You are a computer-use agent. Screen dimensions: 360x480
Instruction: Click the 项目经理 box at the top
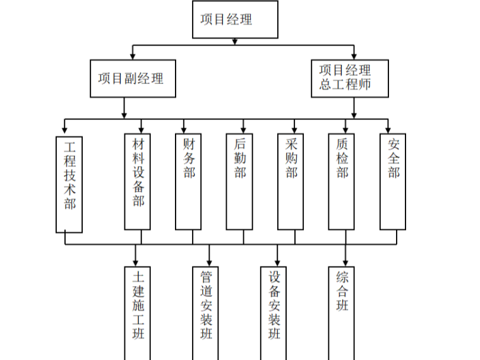(x=235, y=20)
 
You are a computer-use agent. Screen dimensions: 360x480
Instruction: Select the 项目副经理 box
(x=132, y=78)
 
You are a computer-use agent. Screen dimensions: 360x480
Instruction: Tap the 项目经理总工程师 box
(x=349, y=78)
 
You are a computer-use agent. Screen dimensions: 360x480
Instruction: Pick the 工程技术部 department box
(x=69, y=183)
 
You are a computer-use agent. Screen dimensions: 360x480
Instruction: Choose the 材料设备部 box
(x=137, y=182)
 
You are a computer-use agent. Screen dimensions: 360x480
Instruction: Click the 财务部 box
(x=189, y=182)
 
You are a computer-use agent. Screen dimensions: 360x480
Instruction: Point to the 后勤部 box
(x=240, y=182)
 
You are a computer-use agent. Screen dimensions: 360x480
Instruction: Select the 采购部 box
(x=291, y=182)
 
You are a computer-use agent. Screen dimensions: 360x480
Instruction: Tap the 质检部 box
(x=342, y=182)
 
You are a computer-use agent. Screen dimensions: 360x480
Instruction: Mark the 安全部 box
(x=393, y=182)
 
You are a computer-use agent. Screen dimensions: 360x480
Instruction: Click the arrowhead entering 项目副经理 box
(x=133, y=56)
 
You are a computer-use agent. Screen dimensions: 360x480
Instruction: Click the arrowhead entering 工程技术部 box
(x=64, y=131)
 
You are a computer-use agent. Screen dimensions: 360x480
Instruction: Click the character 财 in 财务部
(x=189, y=144)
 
